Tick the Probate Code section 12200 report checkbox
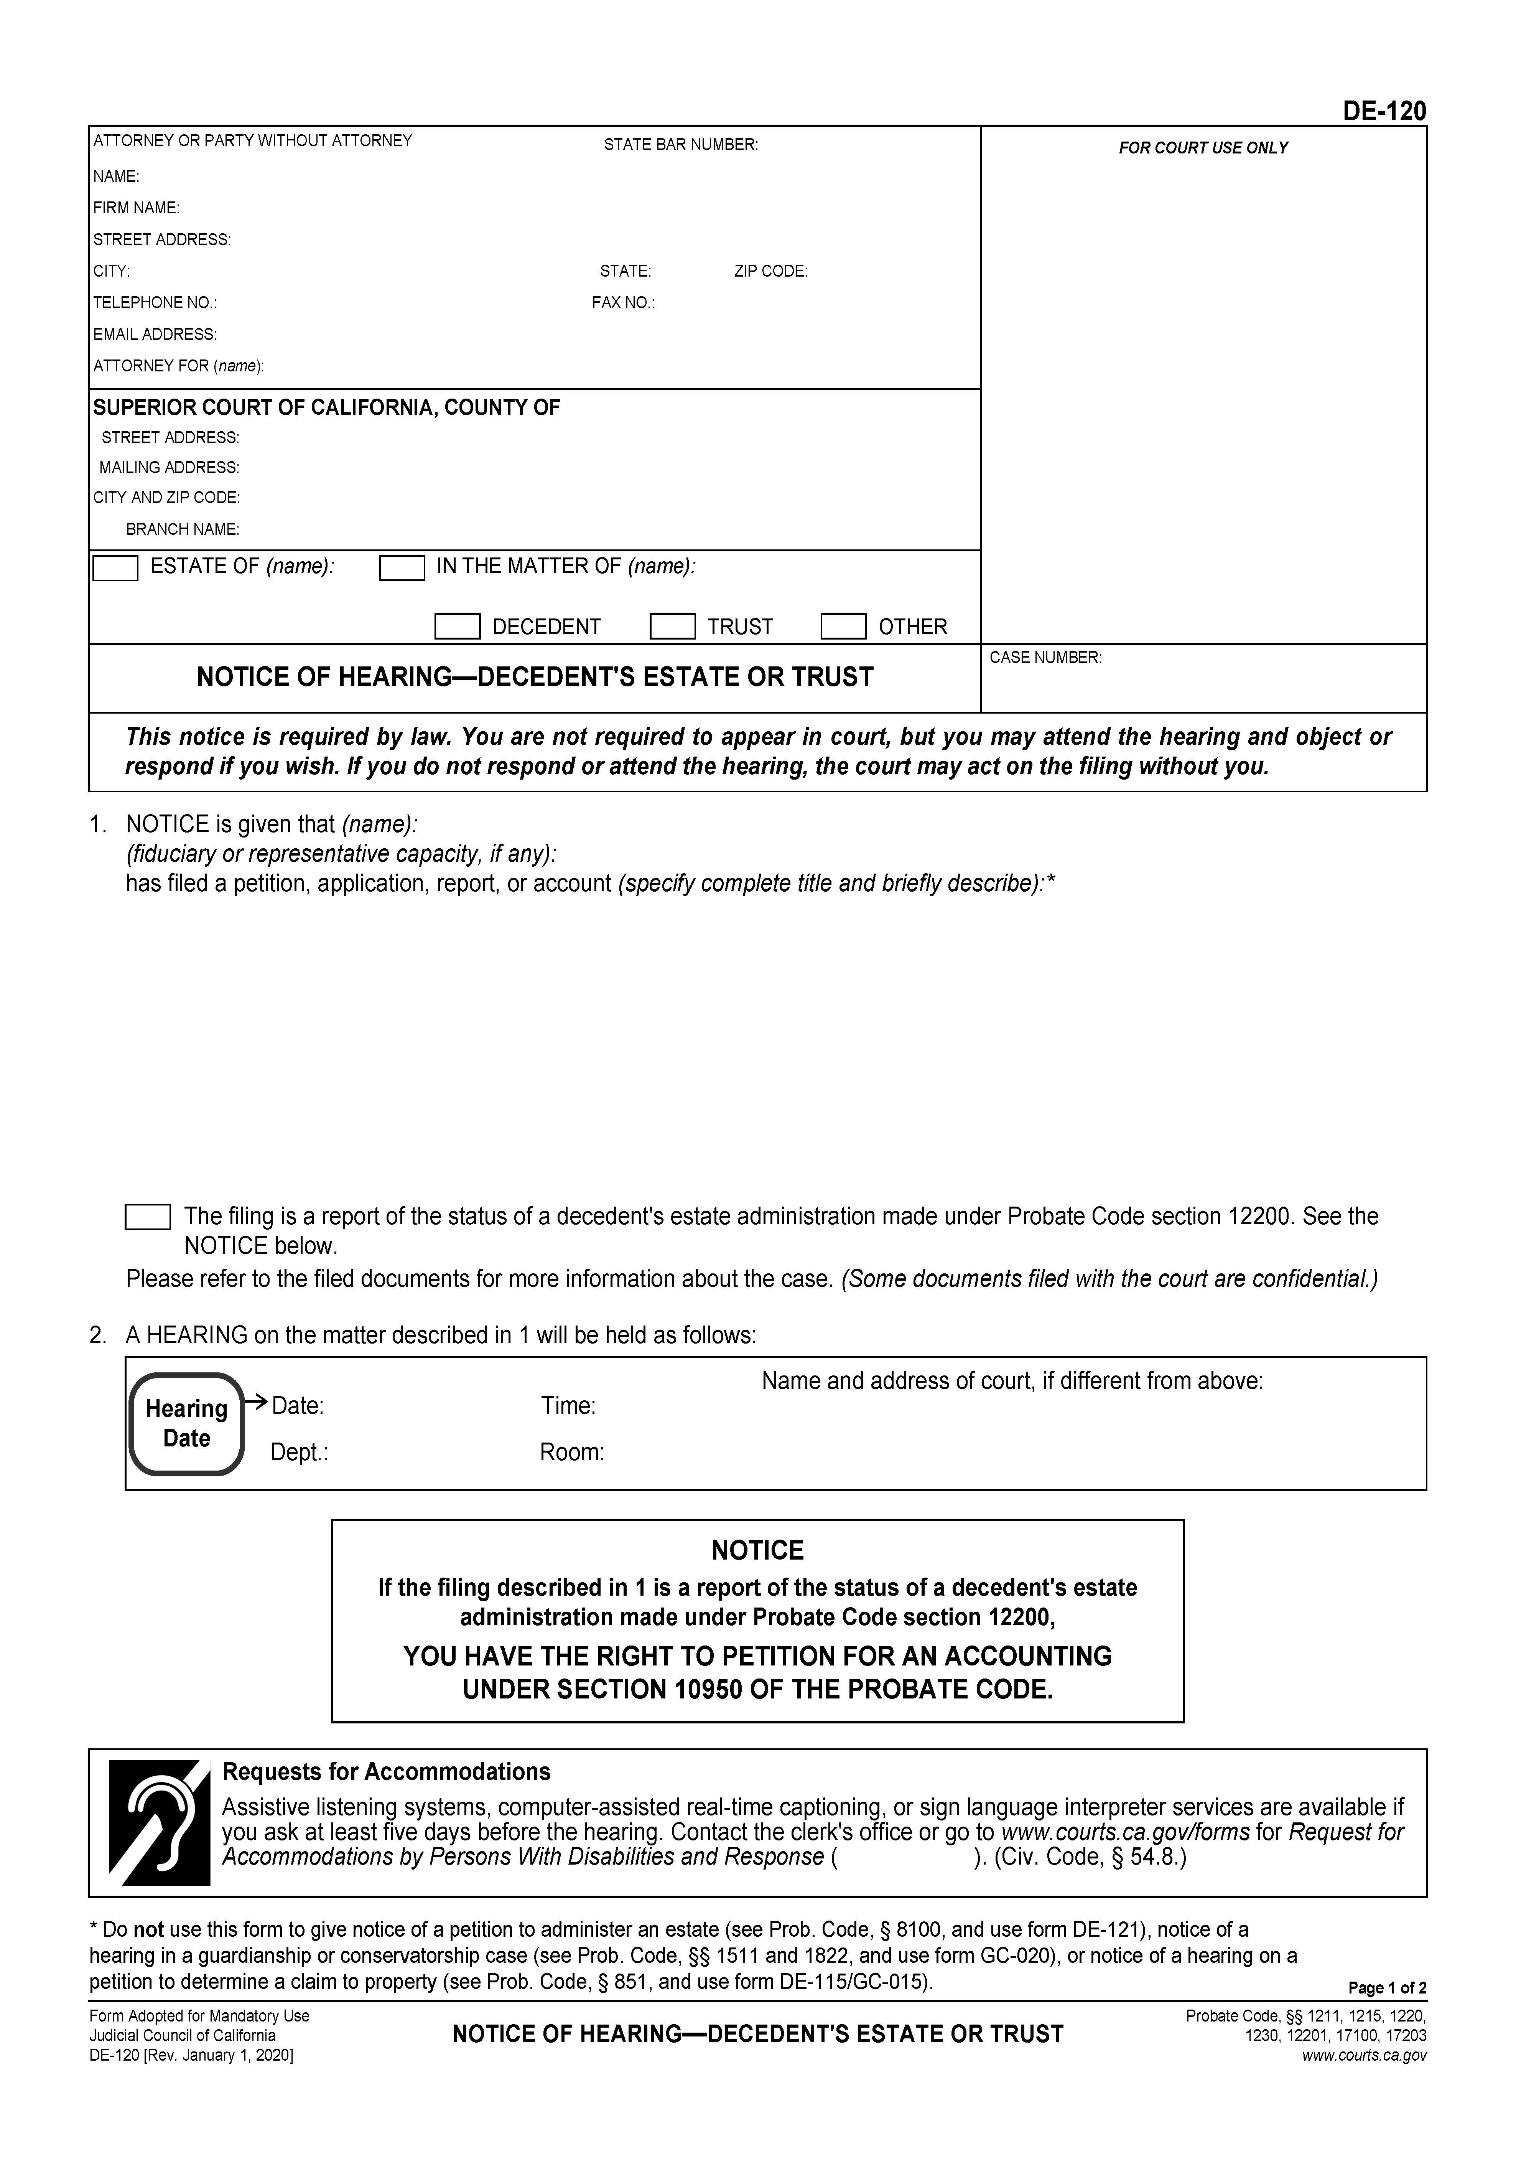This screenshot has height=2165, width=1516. [148, 1217]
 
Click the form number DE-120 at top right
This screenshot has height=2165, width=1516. [1384, 111]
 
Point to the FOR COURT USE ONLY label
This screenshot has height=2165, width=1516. [1203, 148]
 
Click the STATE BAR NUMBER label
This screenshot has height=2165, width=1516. [681, 144]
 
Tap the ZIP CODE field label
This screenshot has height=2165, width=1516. [770, 272]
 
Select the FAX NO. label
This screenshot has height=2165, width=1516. [623, 303]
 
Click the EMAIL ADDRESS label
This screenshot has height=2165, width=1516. [155, 335]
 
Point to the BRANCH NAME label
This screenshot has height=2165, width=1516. [183, 529]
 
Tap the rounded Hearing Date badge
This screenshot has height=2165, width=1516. [187, 1424]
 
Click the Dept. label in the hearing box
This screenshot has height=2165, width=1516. [299, 1452]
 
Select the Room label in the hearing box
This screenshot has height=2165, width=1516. [571, 1452]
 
